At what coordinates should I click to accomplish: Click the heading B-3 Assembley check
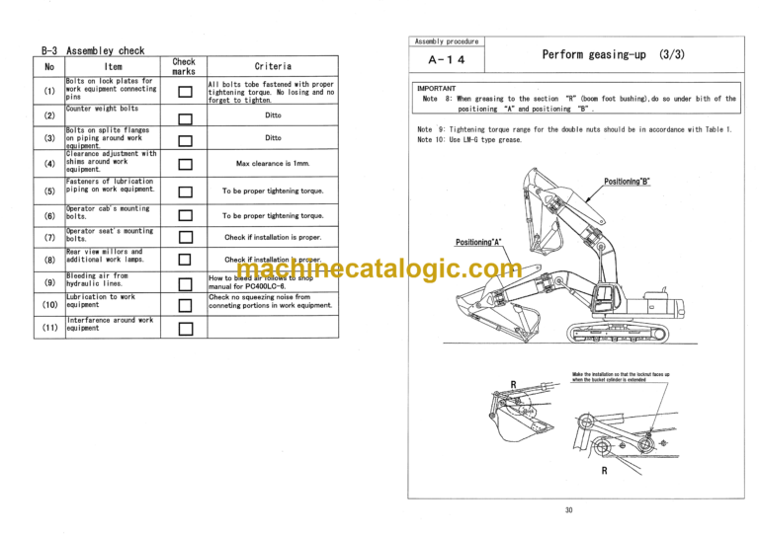point(93,50)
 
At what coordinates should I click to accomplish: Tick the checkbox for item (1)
point(184,92)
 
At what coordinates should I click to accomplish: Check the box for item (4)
point(184,164)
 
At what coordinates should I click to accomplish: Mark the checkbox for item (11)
point(184,328)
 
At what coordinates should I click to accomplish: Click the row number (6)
point(49,215)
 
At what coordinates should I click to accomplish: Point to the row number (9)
point(49,283)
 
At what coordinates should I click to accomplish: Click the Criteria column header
point(273,67)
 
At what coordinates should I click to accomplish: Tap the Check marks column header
point(184,67)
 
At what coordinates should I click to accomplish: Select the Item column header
point(113,67)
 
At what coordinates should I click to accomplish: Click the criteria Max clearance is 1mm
point(273,164)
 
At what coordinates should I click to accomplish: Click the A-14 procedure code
point(448,60)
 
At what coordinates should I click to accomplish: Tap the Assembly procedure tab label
point(447,41)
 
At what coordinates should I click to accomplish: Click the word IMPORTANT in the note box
point(436,89)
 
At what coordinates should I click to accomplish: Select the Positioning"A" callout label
point(478,242)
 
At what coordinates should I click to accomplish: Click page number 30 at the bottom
point(569,510)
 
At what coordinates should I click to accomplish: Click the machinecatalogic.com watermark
point(379,268)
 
